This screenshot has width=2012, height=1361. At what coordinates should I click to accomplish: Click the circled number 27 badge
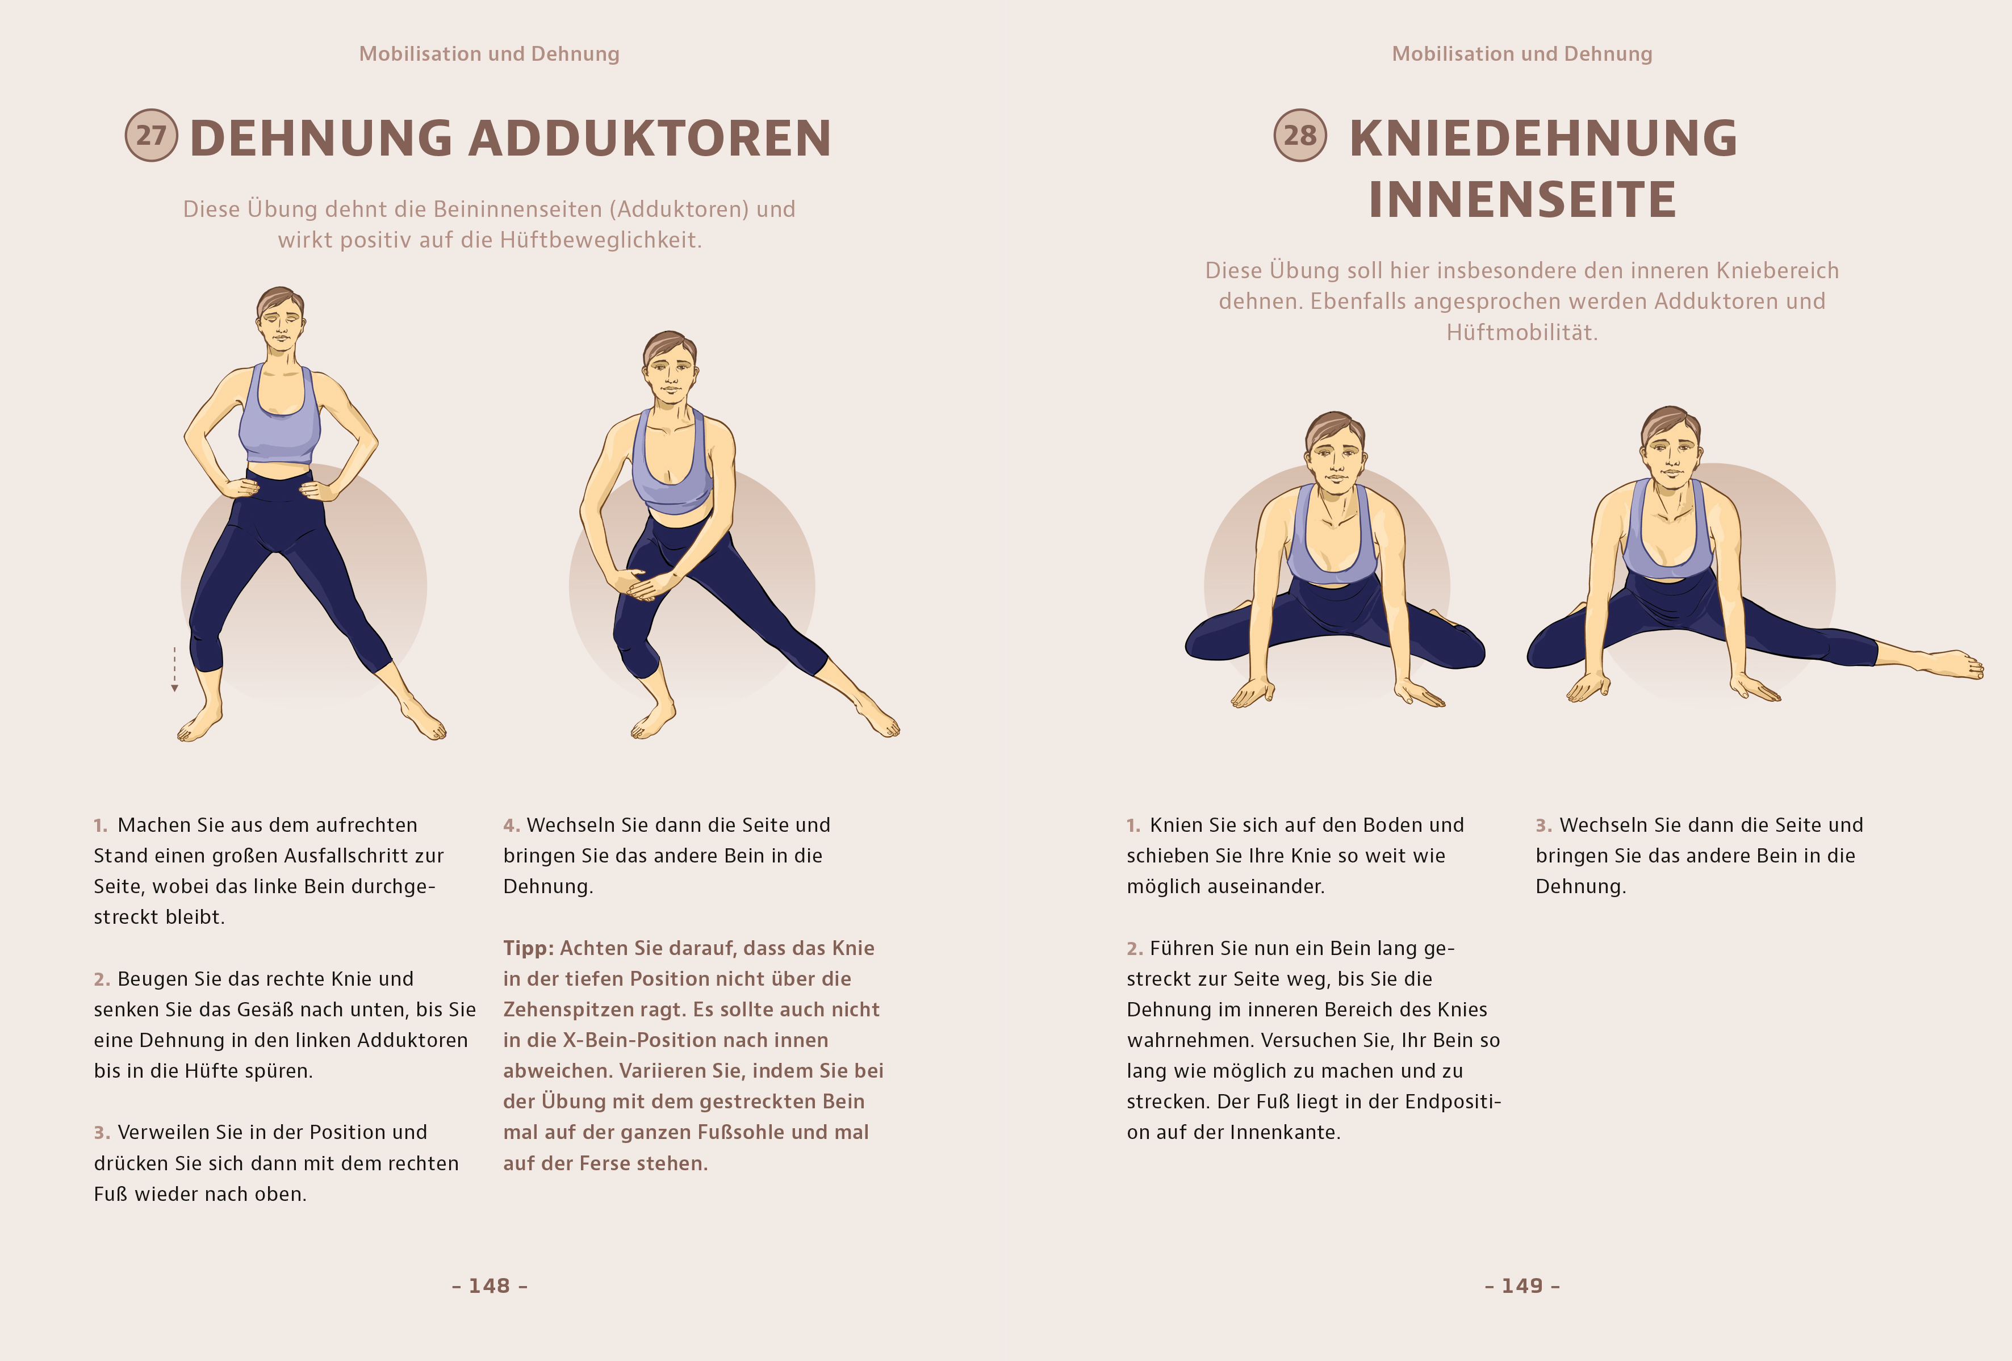tap(152, 135)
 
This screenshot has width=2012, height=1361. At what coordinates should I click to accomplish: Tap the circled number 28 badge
tap(1299, 135)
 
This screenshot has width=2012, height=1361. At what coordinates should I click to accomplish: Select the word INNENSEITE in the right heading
tap(1522, 200)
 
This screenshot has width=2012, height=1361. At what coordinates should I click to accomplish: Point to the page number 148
tap(489, 1285)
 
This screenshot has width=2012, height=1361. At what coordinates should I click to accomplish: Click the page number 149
tap(1522, 1285)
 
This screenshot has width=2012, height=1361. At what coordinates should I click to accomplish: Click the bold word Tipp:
tap(528, 949)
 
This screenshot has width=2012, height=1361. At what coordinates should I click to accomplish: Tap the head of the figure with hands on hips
tap(279, 320)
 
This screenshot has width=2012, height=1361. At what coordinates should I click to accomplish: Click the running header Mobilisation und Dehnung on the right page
tap(1522, 54)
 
